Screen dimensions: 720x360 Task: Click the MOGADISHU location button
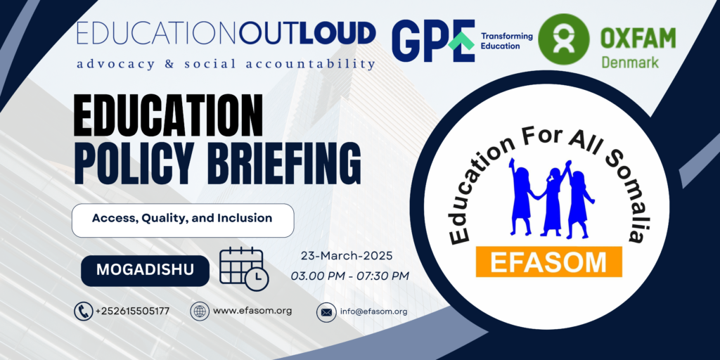tap(145, 271)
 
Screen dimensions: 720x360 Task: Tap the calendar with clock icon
tap(244, 269)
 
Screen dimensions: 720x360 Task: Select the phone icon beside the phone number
tap(84, 311)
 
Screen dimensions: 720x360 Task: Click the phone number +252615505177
tap(133, 311)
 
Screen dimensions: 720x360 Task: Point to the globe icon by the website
tap(200, 311)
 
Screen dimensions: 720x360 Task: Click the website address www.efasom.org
tap(252, 311)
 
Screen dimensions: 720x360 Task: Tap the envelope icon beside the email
tap(326, 312)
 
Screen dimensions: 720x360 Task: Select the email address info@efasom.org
tap(374, 311)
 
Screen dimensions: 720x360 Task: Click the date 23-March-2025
tap(347, 256)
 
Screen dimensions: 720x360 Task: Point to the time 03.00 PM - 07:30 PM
tap(350, 276)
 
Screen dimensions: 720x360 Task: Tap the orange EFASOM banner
tap(548, 262)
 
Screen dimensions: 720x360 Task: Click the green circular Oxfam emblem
tap(563, 39)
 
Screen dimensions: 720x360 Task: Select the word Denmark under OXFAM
tap(630, 62)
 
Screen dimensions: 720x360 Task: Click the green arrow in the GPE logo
tap(461, 41)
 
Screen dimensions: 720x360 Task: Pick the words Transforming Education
tap(506, 41)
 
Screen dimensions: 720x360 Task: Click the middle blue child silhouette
tap(553, 198)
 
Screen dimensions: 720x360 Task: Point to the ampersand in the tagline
tap(169, 64)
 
